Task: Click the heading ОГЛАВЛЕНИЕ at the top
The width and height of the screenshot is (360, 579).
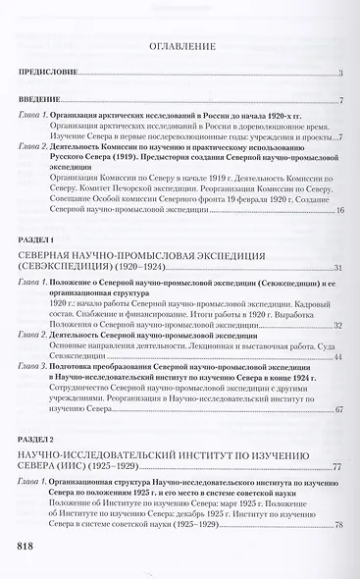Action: click(x=180, y=45)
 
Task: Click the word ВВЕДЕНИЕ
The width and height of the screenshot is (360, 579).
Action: click(x=41, y=102)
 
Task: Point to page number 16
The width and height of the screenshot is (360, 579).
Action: click(x=336, y=212)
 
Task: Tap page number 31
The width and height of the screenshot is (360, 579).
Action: click(x=336, y=268)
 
